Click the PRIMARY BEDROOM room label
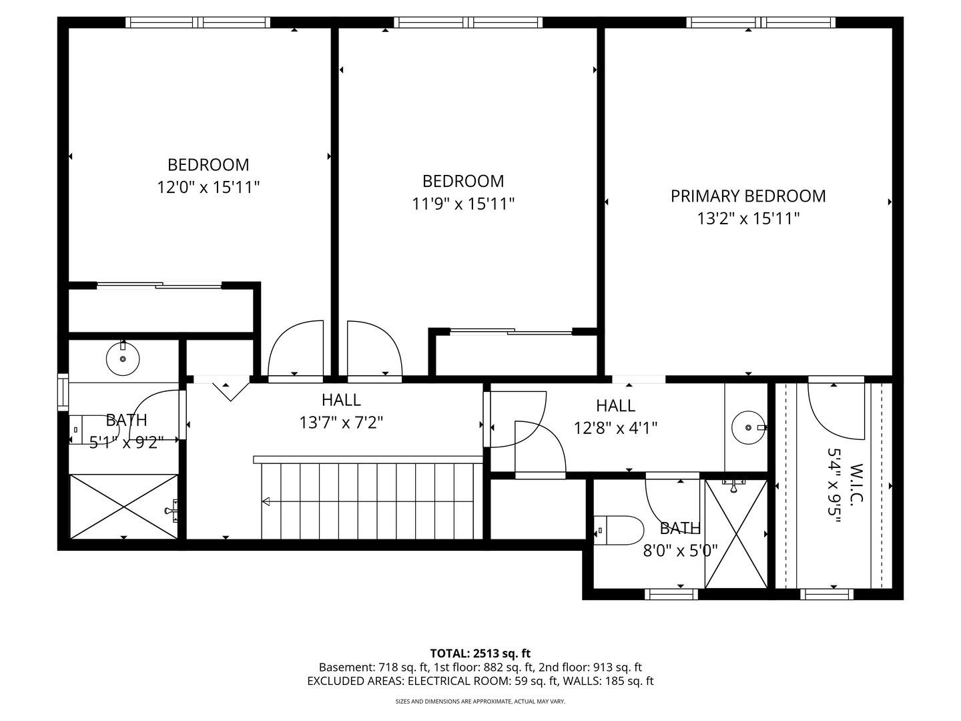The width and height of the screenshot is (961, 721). (x=748, y=196)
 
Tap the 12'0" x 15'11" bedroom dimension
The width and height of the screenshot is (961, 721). (x=208, y=188)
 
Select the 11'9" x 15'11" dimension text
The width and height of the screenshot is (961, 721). (x=463, y=204)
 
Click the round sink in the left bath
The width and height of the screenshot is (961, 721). (x=123, y=358)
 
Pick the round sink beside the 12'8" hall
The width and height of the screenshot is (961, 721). (x=748, y=427)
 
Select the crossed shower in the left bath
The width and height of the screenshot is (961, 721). (x=124, y=507)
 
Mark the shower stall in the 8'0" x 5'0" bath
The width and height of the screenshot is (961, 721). (x=736, y=534)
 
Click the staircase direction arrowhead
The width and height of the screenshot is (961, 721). (x=266, y=501)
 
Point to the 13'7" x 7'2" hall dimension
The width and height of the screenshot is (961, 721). (x=341, y=423)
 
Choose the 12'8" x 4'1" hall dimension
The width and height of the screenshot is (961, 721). (x=615, y=428)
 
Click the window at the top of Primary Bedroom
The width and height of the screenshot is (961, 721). (x=761, y=22)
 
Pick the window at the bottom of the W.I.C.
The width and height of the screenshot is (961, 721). (x=827, y=594)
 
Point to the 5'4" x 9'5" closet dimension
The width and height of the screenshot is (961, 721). (x=834, y=485)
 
